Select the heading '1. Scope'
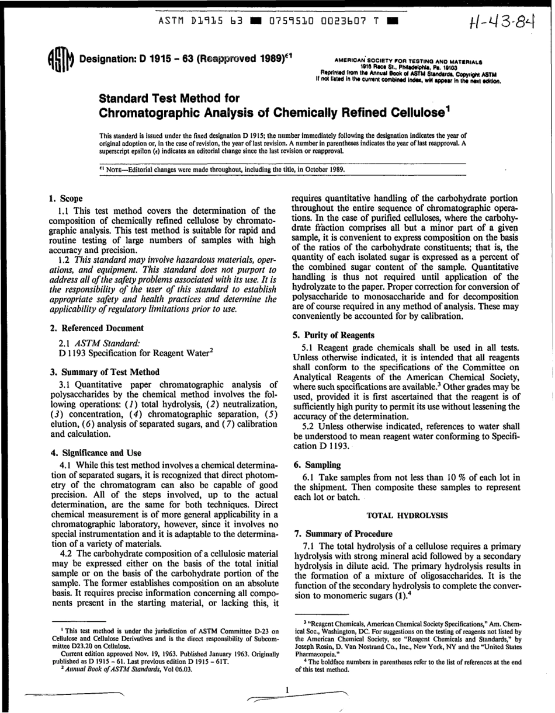tap(66, 199)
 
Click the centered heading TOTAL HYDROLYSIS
tap(407, 516)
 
